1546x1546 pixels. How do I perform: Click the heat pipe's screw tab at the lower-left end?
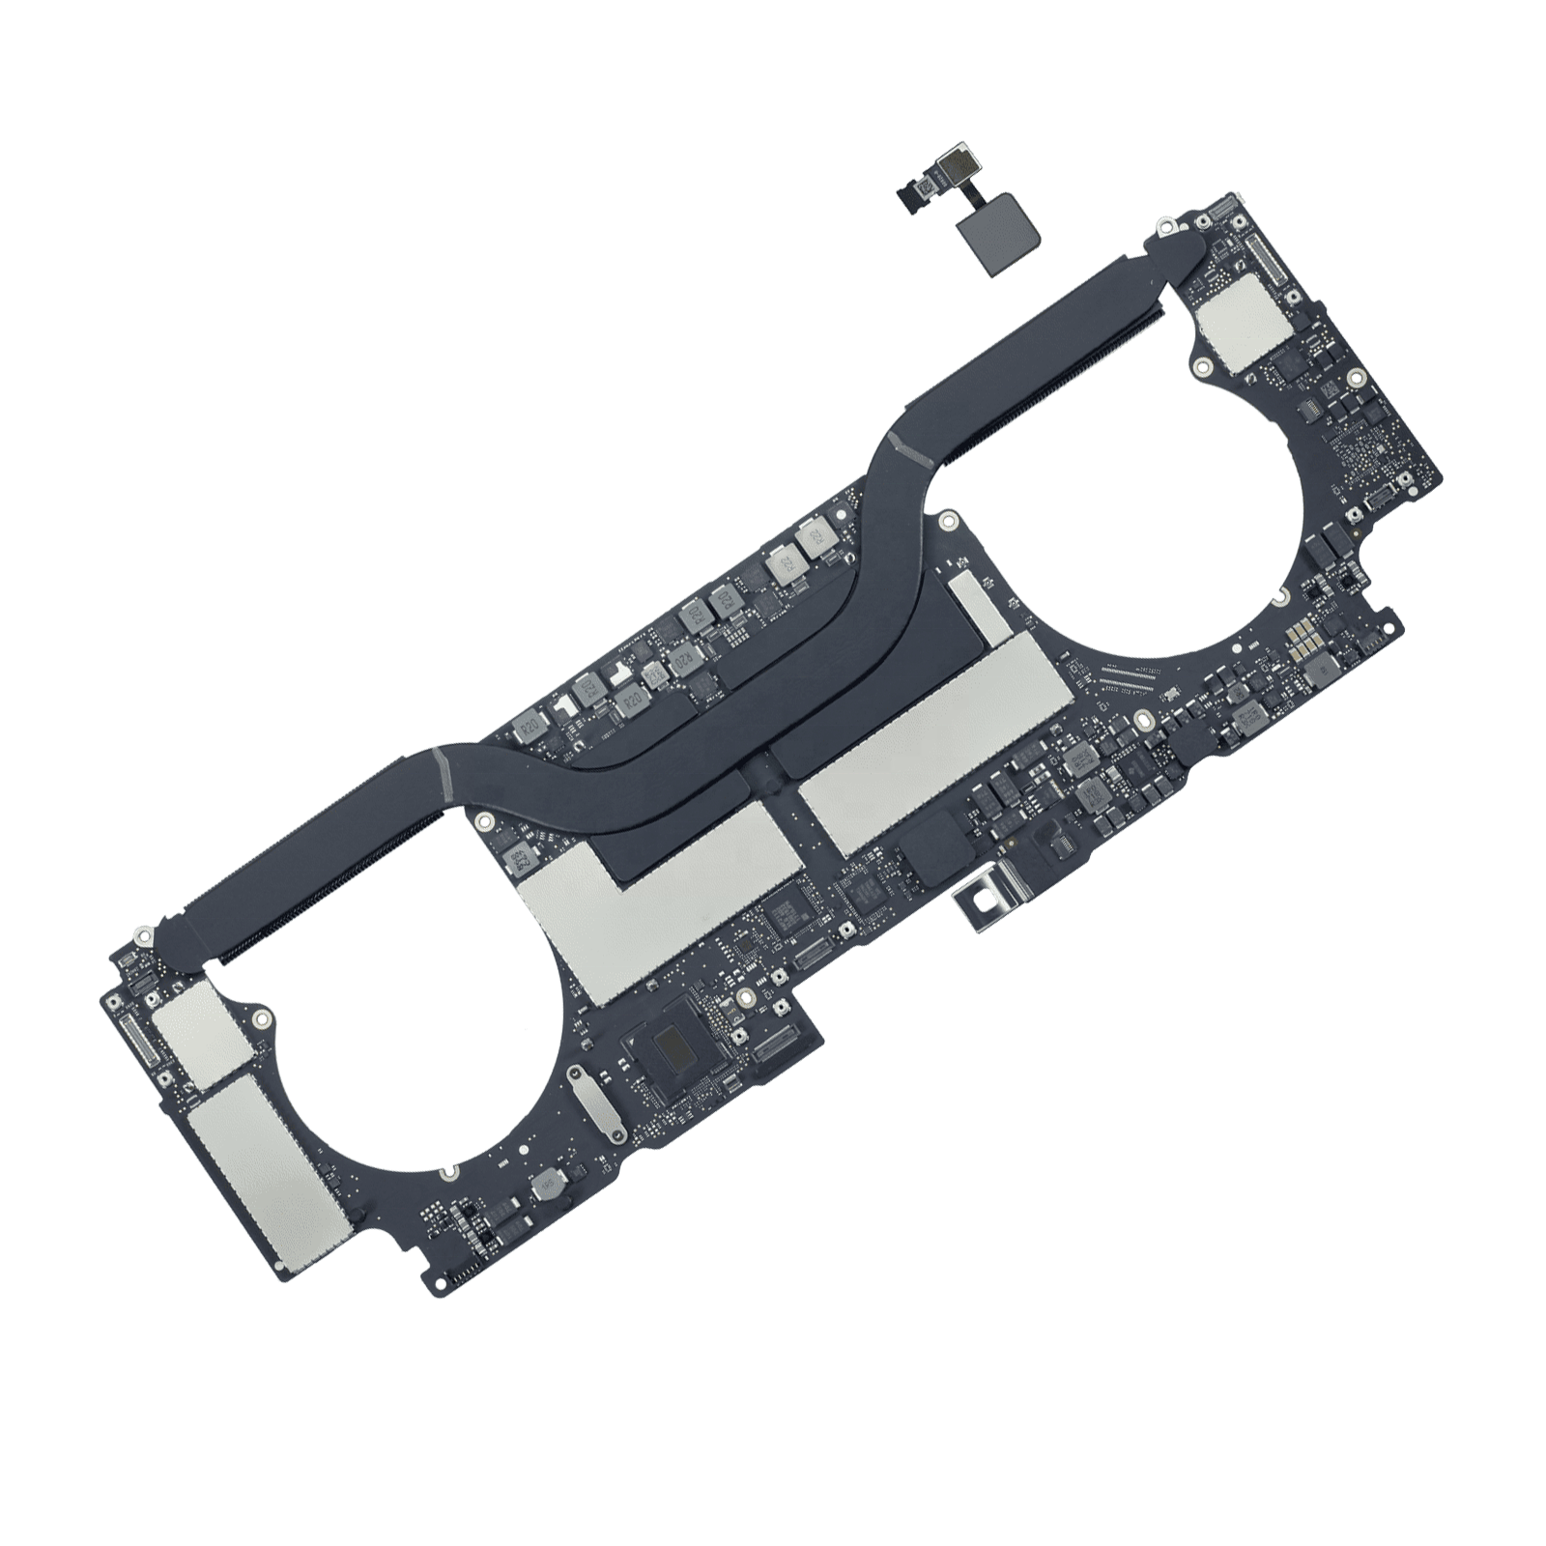pyautogui.click(x=142, y=935)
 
